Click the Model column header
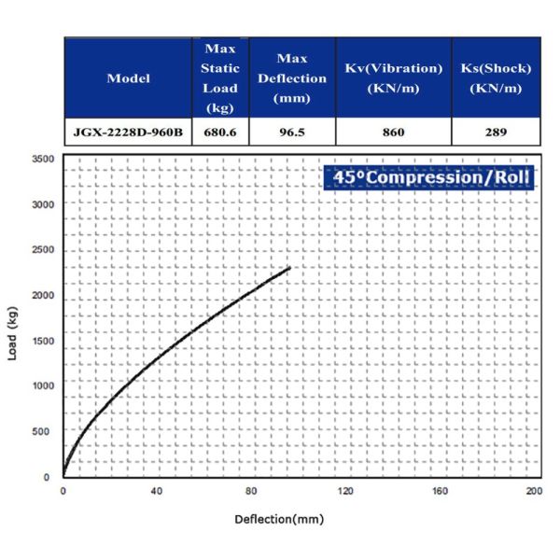(129, 78)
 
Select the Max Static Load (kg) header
(220, 78)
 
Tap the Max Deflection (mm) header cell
(293, 78)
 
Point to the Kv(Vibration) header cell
(393, 78)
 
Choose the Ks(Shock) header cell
(496, 78)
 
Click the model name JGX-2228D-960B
(129, 133)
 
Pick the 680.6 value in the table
(220, 133)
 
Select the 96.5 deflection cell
(293, 133)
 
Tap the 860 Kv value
(393, 133)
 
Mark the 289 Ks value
(496, 133)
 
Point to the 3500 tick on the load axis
(42, 159)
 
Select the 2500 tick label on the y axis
(42, 250)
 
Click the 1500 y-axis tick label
(42, 341)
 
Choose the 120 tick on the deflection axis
(345, 491)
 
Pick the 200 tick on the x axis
(534, 491)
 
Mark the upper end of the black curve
(290, 268)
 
